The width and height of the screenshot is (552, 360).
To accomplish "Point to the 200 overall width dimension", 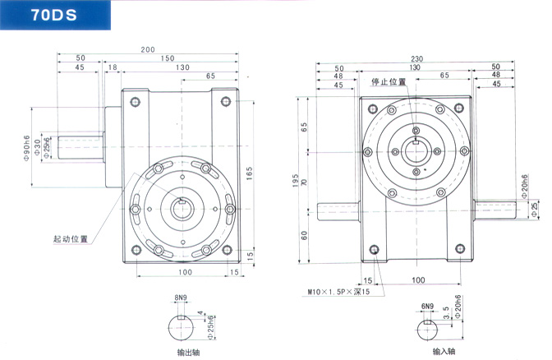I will (147, 50).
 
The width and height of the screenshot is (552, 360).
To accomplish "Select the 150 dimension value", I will (167, 59).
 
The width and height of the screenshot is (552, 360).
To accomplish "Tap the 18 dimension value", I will (112, 67).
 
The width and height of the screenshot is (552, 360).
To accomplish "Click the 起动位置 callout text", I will (70, 238).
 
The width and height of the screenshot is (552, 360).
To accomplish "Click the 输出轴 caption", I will (188, 352).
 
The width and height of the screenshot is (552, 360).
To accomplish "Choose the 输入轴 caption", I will (431, 352).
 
